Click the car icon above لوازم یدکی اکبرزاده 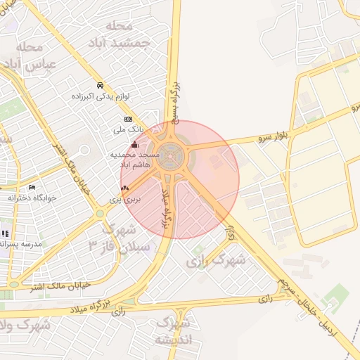100,84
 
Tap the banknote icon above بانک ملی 128,120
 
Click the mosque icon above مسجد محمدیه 135,145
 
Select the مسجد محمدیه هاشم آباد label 134,158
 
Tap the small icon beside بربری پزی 125,188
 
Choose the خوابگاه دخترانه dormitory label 31,198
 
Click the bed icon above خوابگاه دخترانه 32,187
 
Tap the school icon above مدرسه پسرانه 6,233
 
